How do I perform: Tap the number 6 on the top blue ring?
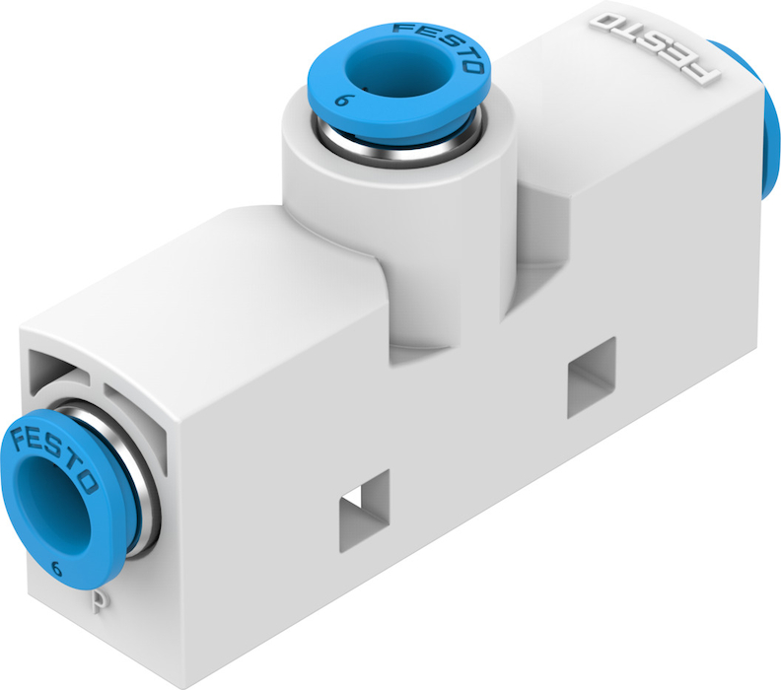[341, 101]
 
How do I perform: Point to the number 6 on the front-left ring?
[57, 569]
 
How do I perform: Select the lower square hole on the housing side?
[364, 511]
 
